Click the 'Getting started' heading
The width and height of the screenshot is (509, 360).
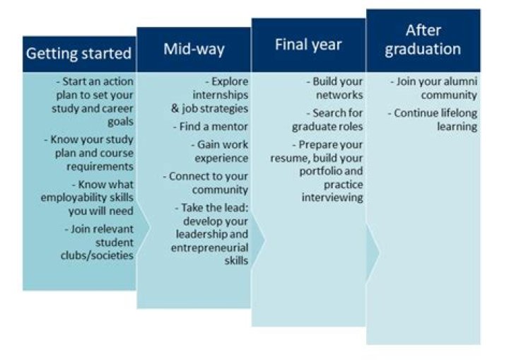coord(79,54)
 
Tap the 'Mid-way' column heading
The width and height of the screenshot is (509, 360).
coord(194,49)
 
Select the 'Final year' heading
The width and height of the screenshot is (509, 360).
coord(308,45)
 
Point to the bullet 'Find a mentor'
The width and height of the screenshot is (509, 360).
coord(211,127)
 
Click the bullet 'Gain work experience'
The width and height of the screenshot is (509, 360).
coord(219,151)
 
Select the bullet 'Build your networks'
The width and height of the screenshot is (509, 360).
coord(334,88)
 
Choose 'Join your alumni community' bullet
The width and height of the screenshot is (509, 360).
coord(434,88)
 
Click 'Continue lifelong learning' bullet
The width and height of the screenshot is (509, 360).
coord(434,120)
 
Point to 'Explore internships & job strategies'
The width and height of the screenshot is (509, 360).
coord(210,95)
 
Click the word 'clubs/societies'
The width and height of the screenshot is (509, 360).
coord(97,255)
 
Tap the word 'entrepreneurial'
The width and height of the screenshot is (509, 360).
coord(209,248)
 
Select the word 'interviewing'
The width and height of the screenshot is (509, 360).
coord(332,197)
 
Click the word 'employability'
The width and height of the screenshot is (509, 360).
coord(70,197)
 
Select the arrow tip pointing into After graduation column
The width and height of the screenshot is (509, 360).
coord(378,252)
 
